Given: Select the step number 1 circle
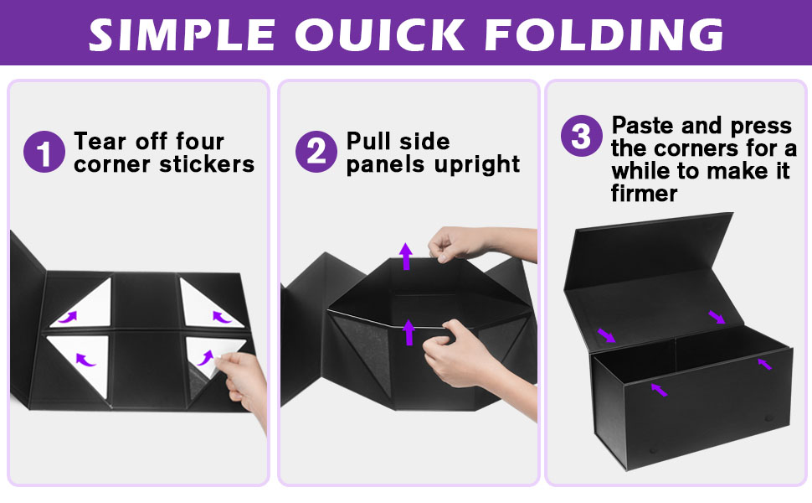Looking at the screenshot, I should (44, 153).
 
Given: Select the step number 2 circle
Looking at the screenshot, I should (316, 153).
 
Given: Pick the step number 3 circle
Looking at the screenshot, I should (581, 137).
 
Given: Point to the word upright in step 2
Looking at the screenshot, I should (478, 163).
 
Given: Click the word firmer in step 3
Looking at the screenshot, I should (644, 194).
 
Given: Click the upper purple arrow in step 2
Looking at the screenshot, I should (406, 255).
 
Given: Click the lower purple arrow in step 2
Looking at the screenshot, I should (409, 331).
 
